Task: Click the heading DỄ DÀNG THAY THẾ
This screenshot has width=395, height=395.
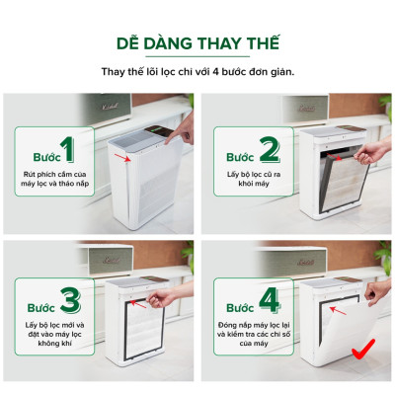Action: coord(197,44)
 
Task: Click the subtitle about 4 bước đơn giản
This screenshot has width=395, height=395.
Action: coord(197,72)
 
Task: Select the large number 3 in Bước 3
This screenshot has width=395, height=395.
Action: coord(69,298)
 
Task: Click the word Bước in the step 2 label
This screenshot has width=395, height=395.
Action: coord(241,157)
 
